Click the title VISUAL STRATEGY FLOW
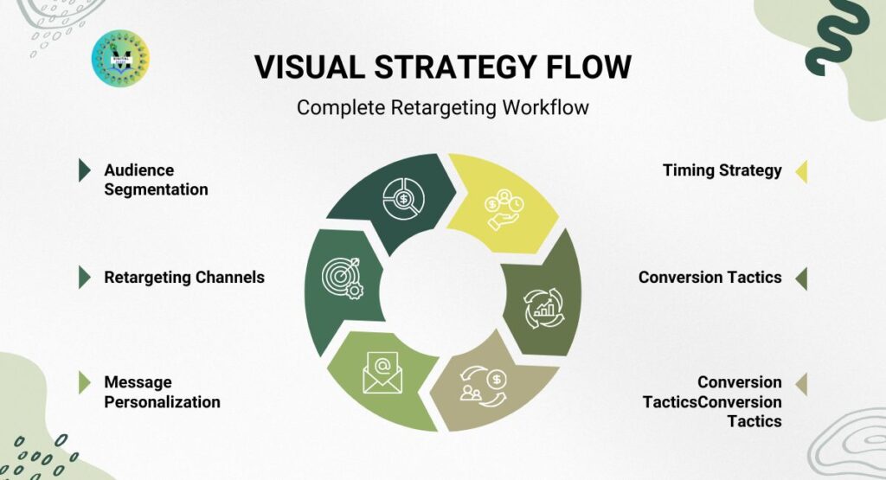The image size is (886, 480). point(442,67)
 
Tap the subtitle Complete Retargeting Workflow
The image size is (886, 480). point(442,108)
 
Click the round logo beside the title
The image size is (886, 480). point(120,58)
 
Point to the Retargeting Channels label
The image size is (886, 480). point(184,278)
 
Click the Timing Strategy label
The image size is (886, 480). point(722,170)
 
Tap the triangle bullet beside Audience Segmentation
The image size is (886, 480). point(85,170)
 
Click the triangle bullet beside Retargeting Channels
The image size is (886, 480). point(85,278)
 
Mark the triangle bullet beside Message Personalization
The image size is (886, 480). point(85,382)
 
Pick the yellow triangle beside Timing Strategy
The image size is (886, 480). point(801,170)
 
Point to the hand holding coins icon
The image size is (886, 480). point(504,211)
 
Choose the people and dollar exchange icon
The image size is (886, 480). point(485,385)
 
